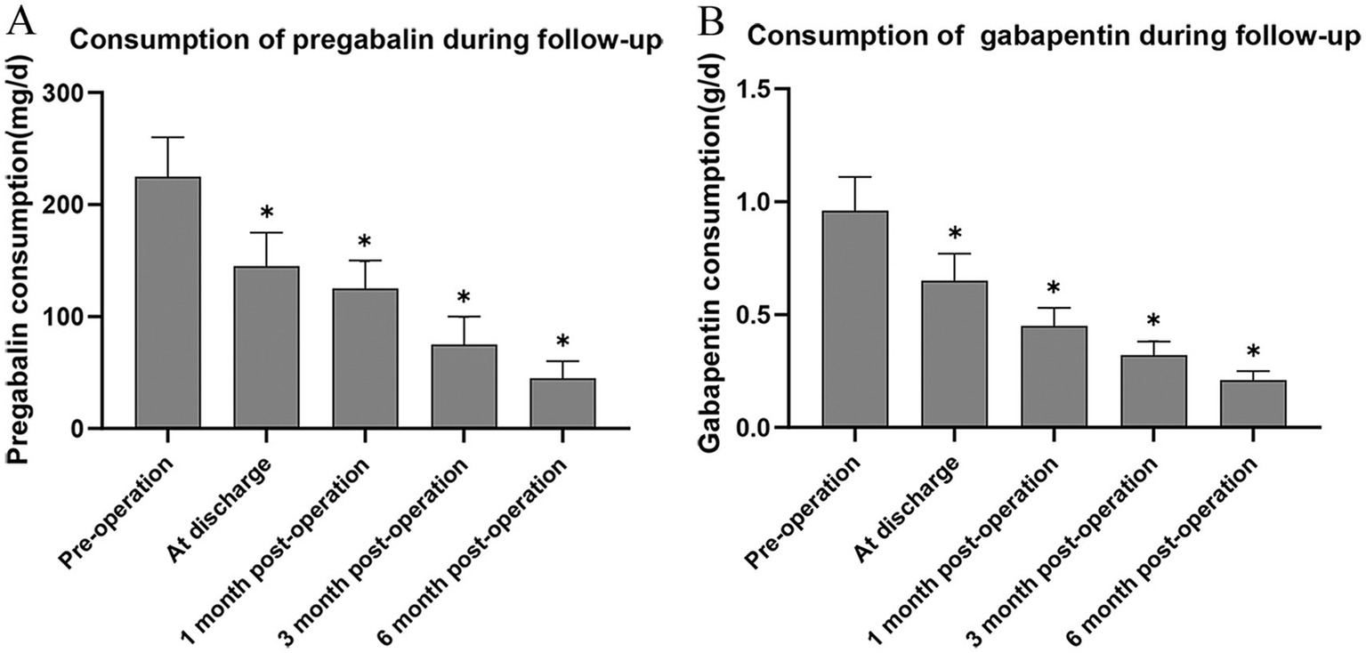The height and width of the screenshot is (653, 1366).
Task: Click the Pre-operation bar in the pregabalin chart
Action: (167, 302)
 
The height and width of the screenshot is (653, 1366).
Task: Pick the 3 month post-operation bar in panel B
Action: (1153, 391)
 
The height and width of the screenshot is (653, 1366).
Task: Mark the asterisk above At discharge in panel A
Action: (266, 214)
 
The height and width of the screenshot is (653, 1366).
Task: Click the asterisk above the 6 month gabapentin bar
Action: (1253, 352)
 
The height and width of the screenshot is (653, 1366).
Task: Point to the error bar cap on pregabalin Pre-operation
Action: (167, 137)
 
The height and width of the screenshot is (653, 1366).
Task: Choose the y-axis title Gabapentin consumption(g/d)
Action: (712, 258)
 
